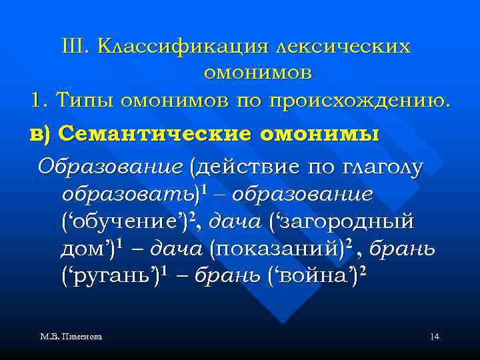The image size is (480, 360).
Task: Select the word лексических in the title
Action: pyautogui.click(x=342, y=46)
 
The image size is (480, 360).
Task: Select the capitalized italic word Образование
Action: pyautogui.click(x=109, y=165)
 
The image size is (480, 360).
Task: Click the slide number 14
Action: pyautogui.click(x=435, y=337)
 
